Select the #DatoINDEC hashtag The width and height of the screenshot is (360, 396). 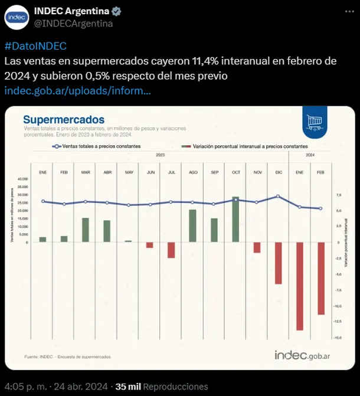point(35,46)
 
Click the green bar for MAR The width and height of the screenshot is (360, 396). point(86,230)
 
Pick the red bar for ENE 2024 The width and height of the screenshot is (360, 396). point(300,286)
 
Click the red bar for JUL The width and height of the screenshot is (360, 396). point(171,250)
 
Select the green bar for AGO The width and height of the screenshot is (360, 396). point(192,225)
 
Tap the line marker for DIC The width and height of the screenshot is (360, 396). point(278,197)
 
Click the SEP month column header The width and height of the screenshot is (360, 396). point(214,172)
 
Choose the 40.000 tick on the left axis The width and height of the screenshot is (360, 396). point(23,179)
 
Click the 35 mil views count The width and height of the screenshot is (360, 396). point(129,387)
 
